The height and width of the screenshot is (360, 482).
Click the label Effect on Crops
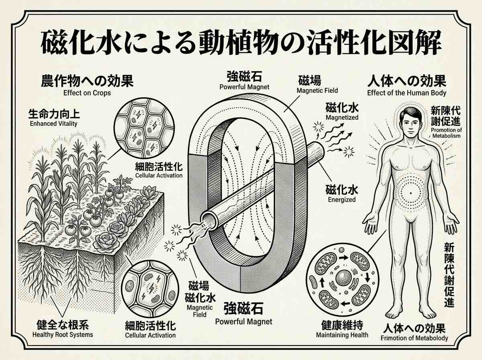[x=87, y=93]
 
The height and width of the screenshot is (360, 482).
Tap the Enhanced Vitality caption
[x=53, y=123]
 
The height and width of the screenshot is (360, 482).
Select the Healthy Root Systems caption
[x=63, y=335]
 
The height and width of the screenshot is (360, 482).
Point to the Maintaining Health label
[x=342, y=335]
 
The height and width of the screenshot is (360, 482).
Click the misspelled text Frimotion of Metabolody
[x=414, y=338]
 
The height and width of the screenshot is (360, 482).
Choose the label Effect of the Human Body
[x=406, y=93]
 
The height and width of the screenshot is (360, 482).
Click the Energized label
[x=342, y=200]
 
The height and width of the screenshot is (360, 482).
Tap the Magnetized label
[x=342, y=117]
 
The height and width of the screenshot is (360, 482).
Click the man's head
[x=411, y=122]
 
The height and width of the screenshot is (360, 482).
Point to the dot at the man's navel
[x=411, y=193]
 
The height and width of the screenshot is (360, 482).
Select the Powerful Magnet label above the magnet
[x=244, y=87]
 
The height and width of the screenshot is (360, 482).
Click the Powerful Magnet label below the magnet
[x=243, y=322]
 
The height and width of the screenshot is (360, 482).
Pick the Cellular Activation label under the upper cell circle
[x=159, y=176]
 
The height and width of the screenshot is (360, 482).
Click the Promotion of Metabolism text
[x=446, y=133]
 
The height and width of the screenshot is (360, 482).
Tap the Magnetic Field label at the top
[x=317, y=90]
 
